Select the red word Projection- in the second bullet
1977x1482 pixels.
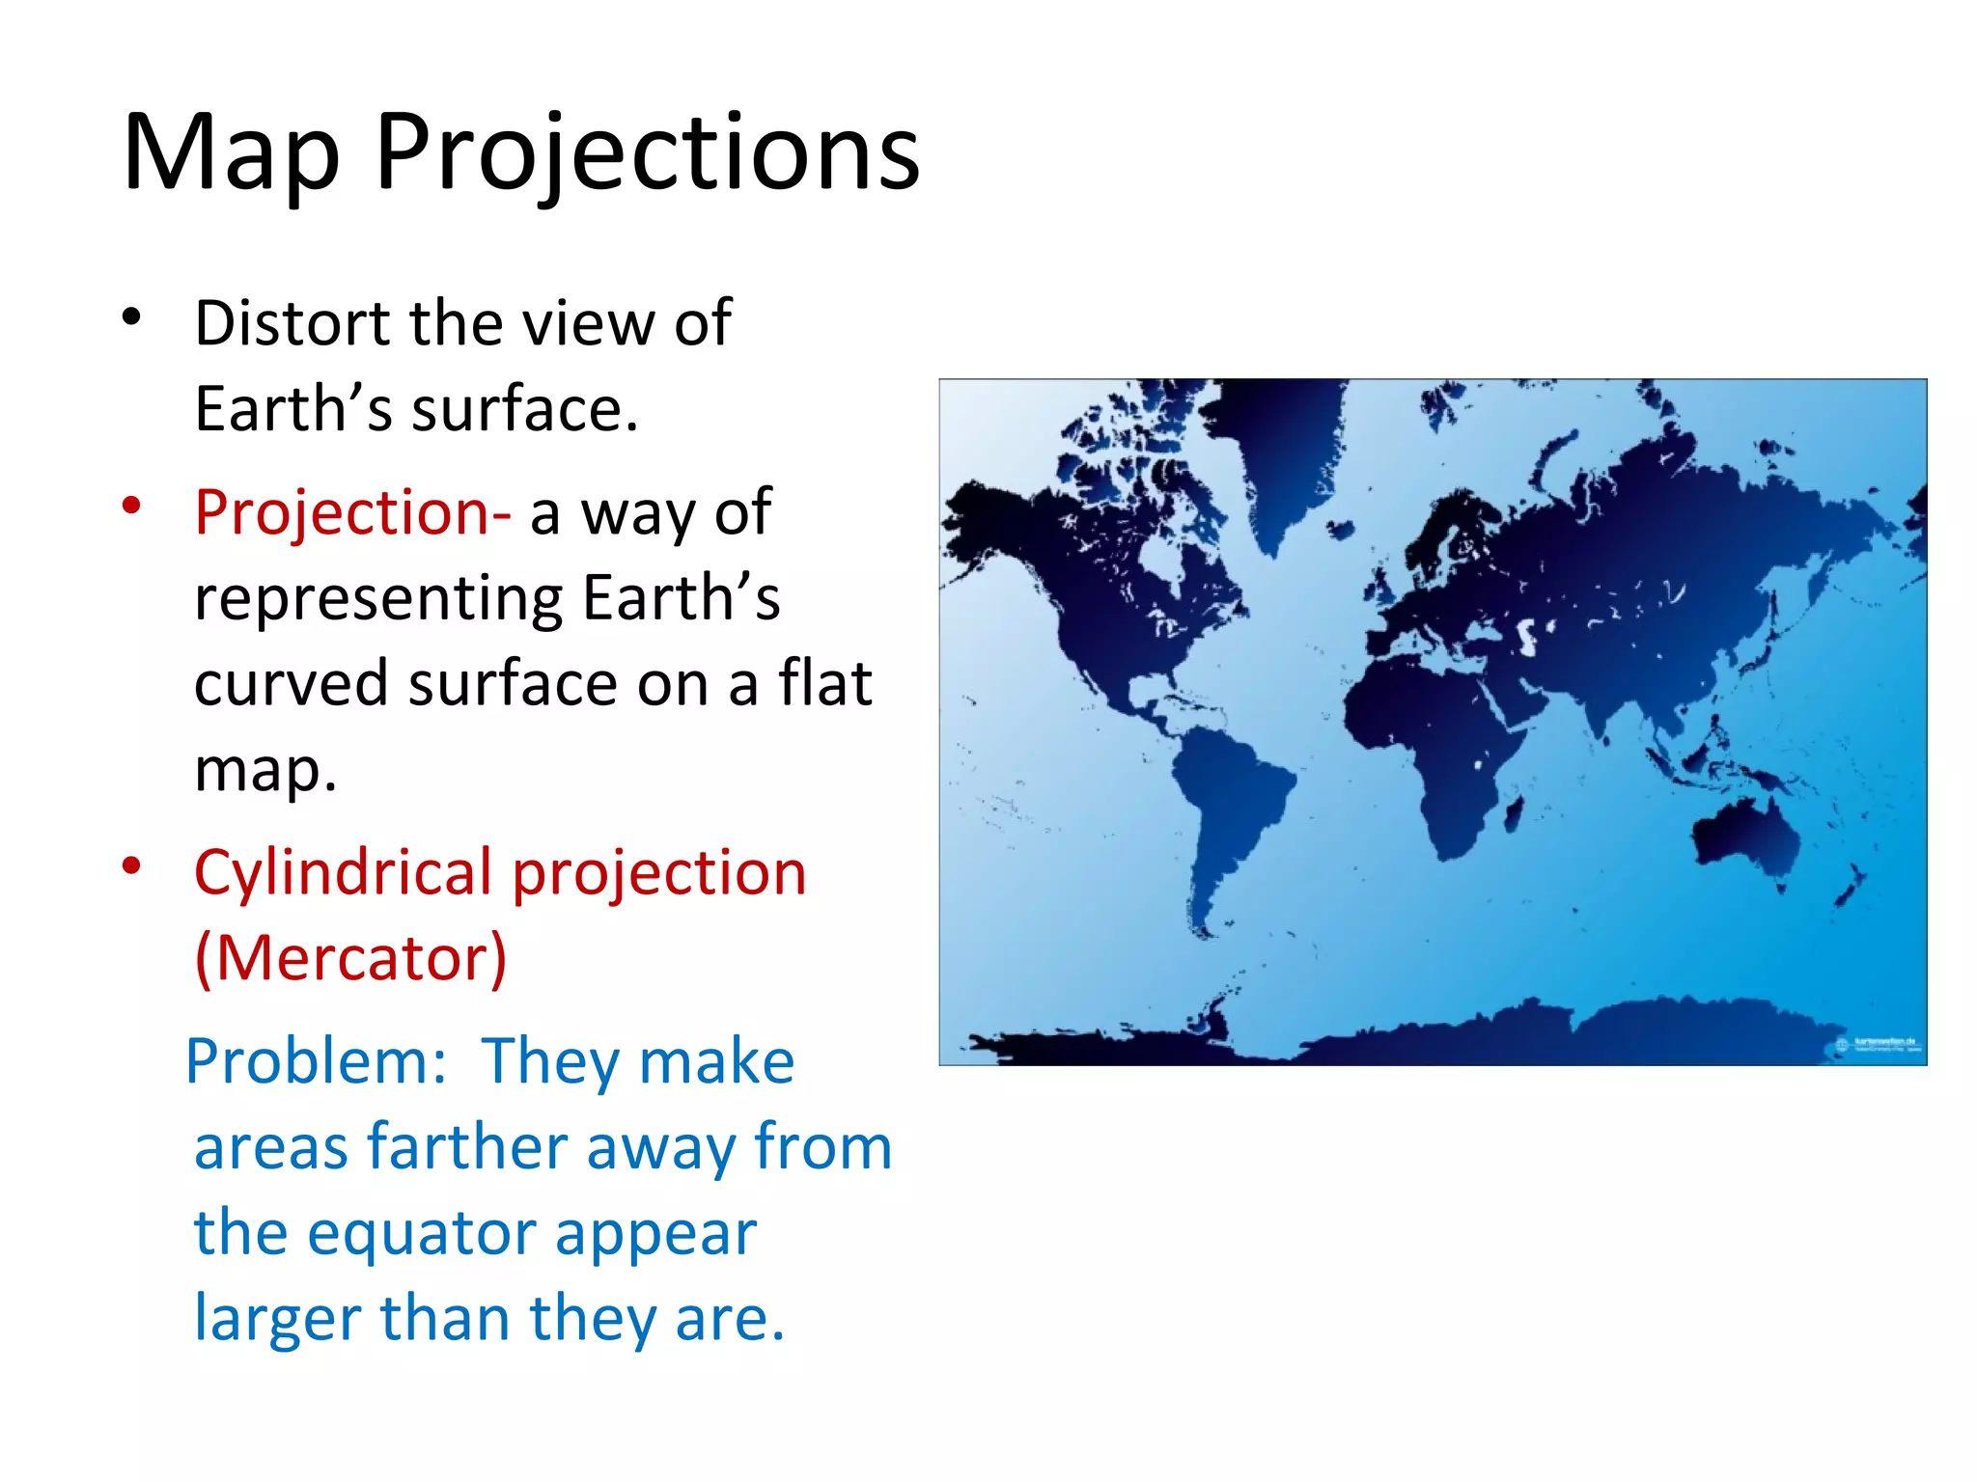point(352,511)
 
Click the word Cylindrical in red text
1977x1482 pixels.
point(343,872)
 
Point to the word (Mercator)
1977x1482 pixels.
point(350,958)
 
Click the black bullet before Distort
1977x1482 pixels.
point(132,316)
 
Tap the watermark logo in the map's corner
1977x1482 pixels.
point(1878,1045)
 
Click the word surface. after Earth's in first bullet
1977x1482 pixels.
point(526,409)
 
